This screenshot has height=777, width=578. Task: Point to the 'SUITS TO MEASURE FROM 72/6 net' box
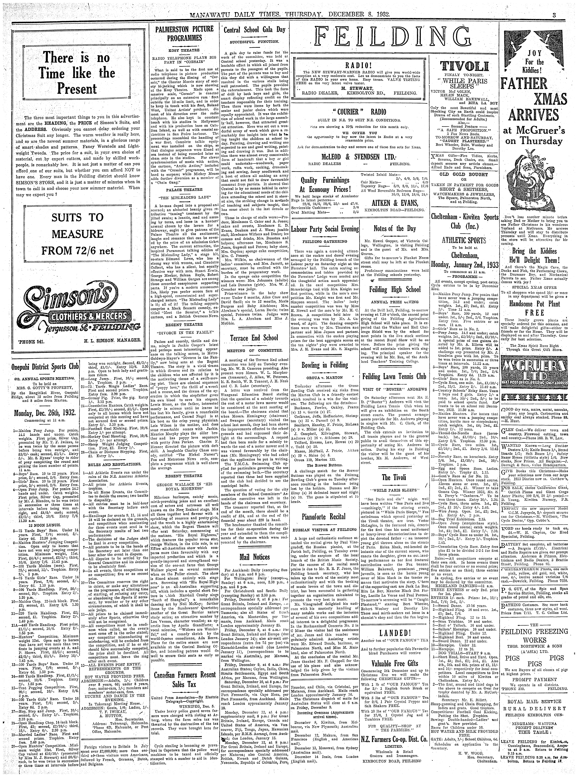(78, 234)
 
